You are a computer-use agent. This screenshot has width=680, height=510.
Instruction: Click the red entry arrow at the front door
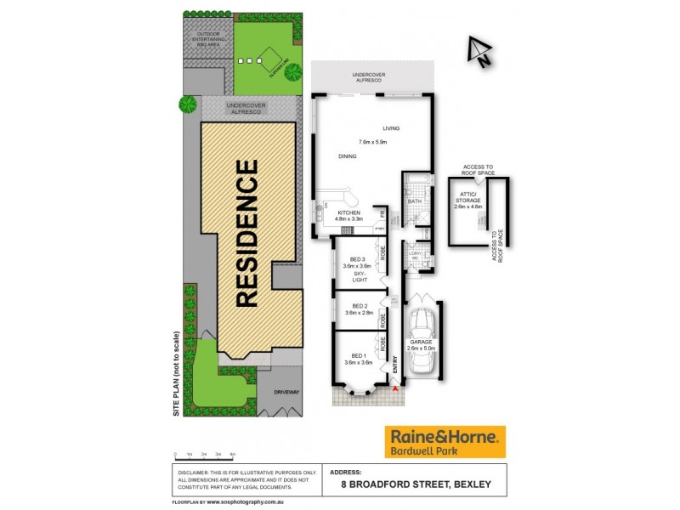click(x=395, y=388)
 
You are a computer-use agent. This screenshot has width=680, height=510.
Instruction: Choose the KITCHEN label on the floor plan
click(x=349, y=212)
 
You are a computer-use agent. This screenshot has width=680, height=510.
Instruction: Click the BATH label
click(x=415, y=201)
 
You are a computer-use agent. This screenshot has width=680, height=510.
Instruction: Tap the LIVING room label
click(x=390, y=128)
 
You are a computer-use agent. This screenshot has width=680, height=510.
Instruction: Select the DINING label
click(x=347, y=156)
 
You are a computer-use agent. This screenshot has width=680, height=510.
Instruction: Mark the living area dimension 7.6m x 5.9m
click(x=372, y=142)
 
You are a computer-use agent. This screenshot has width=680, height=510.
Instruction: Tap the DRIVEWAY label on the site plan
click(x=286, y=392)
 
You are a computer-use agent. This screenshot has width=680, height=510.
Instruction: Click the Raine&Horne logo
click(x=445, y=442)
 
